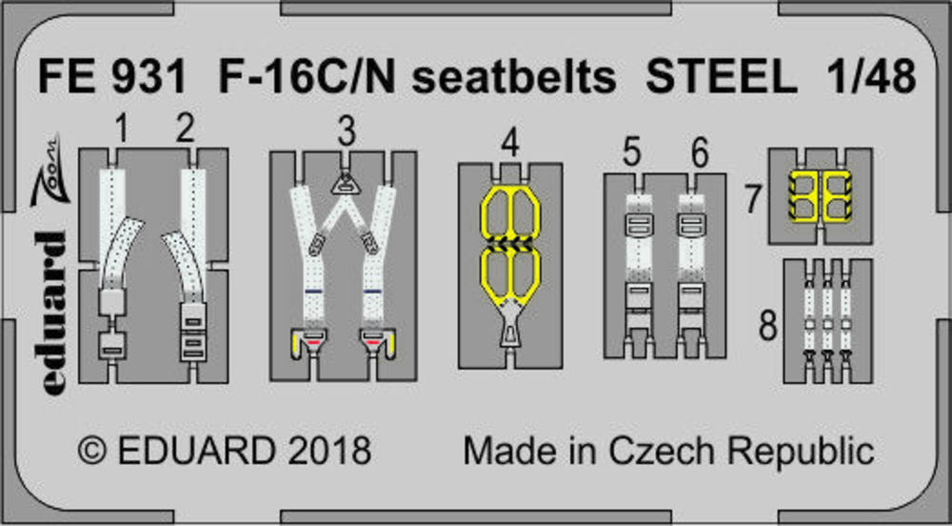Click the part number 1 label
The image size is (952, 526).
click(122, 130)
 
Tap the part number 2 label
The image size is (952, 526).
click(186, 130)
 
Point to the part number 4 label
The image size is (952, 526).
click(510, 145)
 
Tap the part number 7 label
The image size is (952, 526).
click(753, 200)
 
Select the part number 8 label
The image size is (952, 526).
click(768, 328)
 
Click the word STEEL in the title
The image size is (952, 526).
click(721, 78)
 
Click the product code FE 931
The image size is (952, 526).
click(111, 78)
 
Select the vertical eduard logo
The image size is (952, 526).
click(50, 314)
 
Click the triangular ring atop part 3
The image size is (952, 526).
click(345, 183)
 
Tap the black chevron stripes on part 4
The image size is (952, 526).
click(510, 244)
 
